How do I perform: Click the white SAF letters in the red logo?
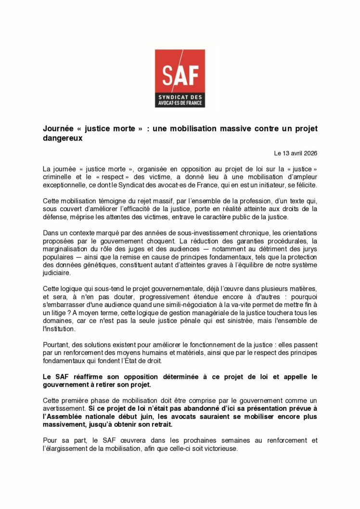(180, 75)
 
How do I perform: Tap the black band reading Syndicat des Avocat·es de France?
(180, 100)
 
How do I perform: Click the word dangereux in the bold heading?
(63, 138)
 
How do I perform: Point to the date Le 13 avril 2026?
(296, 153)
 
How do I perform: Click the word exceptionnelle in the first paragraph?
(65, 185)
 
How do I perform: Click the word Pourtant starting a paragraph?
(56, 344)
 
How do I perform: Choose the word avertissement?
(62, 408)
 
